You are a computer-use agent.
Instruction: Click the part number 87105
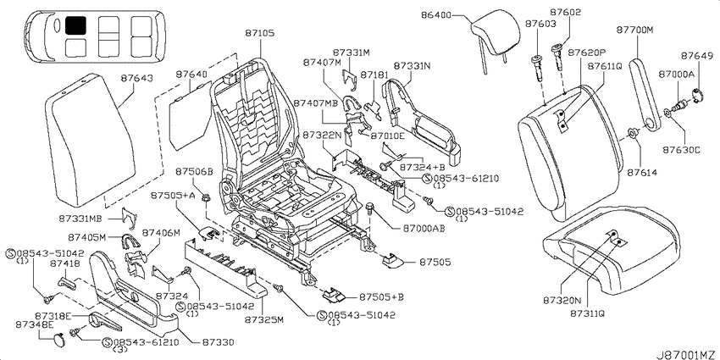[x=259, y=33]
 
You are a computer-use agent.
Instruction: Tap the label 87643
[x=137, y=79]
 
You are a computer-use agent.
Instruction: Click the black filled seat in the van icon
[x=75, y=25]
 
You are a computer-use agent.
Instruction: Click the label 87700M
[x=634, y=30]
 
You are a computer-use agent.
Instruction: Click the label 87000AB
[x=424, y=228]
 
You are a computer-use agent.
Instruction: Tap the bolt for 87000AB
[x=370, y=210]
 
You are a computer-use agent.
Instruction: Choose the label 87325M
[x=263, y=318]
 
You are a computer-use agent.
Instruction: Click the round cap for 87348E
[x=58, y=341]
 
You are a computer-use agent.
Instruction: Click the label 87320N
[x=562, y=302]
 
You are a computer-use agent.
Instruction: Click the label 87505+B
[x=380, y=296]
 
